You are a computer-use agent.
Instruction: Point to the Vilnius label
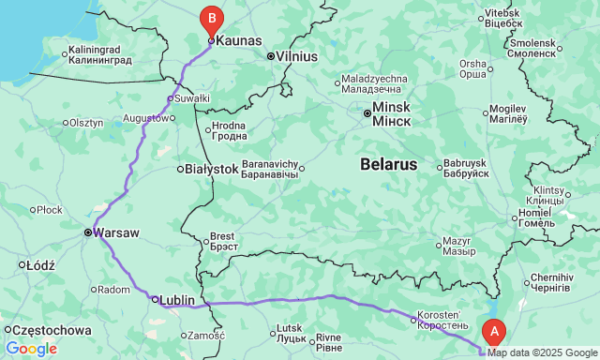(296, 56)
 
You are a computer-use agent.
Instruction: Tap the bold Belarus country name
(388, 164)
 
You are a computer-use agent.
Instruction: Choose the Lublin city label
(177, 300)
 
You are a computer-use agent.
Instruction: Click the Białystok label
(211, 169)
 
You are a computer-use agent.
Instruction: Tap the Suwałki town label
(192, 97)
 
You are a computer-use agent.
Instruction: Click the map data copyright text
(542, 352)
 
